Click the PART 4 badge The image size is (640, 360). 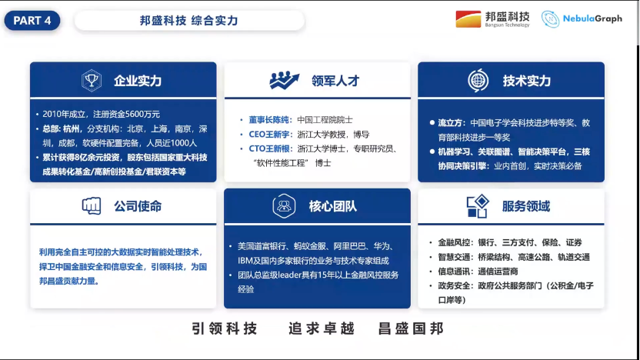[x=32, y=21]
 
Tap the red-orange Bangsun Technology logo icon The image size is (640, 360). [x=468, y=18]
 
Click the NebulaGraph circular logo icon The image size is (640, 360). [x=550, y=18]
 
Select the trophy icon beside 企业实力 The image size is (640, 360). [x=91, y=81]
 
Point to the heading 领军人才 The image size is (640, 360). [x=335, y=81]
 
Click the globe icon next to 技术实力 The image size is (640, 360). [x=478, y=81]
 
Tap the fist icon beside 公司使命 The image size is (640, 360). [x=92, y=205]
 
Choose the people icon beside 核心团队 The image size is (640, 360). [x=284, y=205]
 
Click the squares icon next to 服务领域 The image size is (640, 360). [x=478, y=206]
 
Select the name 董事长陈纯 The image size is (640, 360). [x=268, y=120]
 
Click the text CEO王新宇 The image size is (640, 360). [x=269, y=135]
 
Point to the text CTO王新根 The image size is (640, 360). [x=269, y=148]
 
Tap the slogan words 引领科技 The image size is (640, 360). [x=225, y=328]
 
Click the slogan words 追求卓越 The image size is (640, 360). [x=322, y=328]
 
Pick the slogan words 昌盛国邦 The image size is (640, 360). [x=411, y=328]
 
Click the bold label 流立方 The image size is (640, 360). [x=450, y=123]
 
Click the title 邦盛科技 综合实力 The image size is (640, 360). [x=188, y=21]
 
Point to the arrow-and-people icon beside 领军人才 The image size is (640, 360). [x=284, y=80]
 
